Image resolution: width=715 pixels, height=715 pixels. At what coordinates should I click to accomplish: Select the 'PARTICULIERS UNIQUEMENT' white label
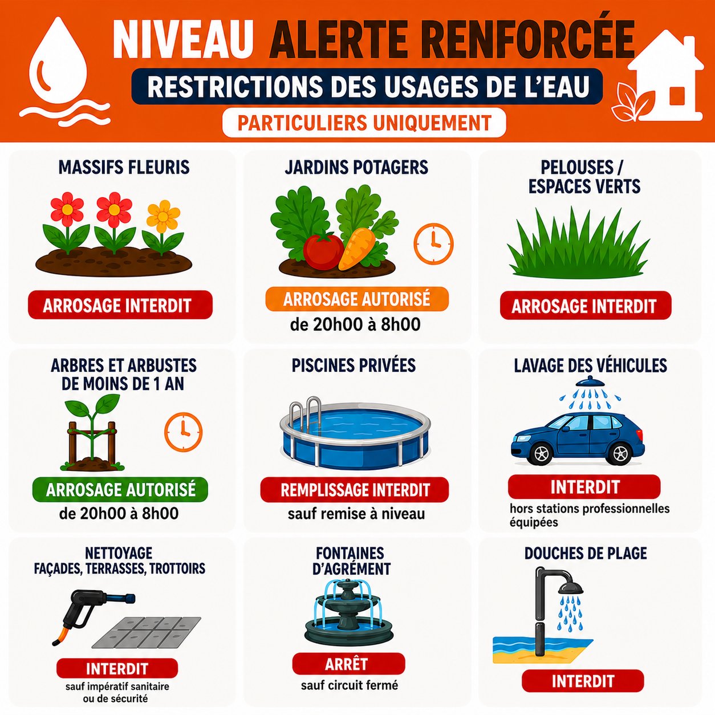pos(364,123)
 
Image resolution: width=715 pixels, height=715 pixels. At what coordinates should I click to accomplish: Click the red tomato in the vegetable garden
pos(323,250)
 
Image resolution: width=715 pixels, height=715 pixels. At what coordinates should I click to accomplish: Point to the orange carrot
pos(356,248)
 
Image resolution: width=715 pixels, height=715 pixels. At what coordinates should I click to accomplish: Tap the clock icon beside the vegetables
pos(433,243)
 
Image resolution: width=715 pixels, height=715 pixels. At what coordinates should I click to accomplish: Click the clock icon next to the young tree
pos(183,432)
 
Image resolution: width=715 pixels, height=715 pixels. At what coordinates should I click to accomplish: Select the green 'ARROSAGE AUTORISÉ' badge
pos(120,489)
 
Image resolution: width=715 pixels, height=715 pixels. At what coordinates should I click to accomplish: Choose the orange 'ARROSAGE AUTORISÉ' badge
pos(356,299)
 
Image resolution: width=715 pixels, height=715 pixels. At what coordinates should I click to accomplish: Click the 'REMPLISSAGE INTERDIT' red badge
pos(354,490)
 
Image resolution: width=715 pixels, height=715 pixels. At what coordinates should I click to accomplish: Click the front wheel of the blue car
pos(541,454)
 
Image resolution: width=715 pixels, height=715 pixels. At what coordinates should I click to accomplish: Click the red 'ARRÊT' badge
pos(348,664)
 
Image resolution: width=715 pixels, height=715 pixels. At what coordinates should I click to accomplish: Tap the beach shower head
pos(571,588)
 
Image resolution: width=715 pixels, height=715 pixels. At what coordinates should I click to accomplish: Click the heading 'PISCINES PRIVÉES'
pos(354,365)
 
